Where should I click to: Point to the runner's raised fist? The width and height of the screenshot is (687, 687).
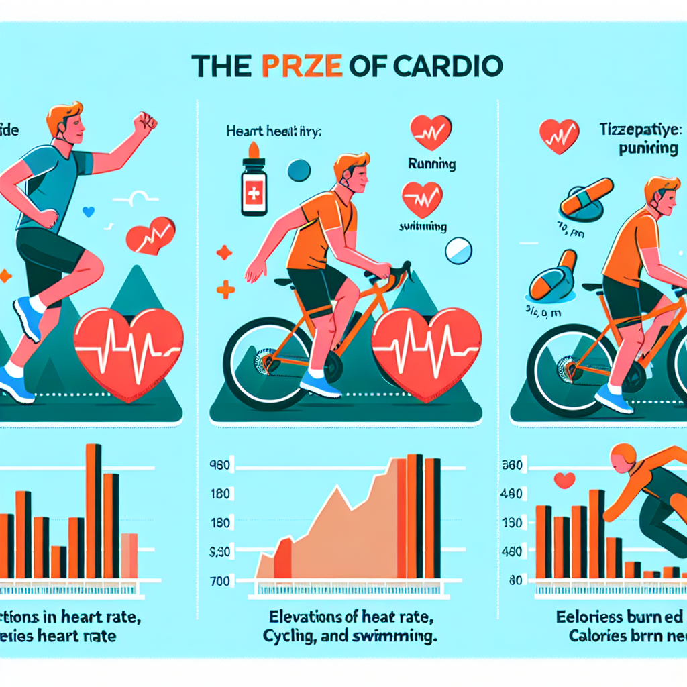click(x=144, y=123)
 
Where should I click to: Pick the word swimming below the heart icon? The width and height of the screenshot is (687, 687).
click(x=424, y=227)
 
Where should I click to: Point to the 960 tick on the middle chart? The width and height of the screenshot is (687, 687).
click(x=220, y=464)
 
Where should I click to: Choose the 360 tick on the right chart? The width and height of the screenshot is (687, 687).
click(x=513, y=464)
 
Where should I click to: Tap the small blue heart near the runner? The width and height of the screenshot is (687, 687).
click(x=87, y=212)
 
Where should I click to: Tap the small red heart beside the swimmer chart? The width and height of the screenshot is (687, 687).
click(x=565, y=480)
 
